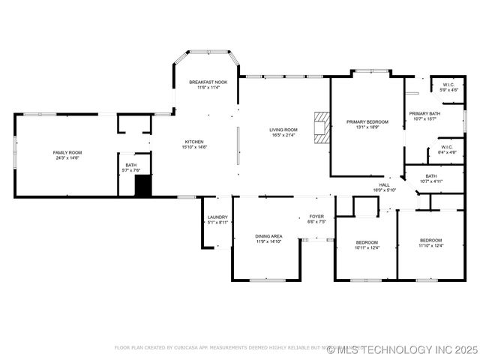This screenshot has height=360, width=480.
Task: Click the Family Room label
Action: coord(67,152)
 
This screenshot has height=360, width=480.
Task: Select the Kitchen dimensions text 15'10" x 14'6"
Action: coord(193,147)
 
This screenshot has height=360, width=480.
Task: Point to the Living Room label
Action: coord(283,130)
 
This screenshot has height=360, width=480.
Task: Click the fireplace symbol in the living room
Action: coord(322,127)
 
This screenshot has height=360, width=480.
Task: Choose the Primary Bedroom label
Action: coord(367,121)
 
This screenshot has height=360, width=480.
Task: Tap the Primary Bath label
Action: coord(424,113)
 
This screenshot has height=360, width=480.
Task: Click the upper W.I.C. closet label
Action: coord(448,85)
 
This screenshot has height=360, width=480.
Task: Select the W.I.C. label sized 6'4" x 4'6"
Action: coord(446,147)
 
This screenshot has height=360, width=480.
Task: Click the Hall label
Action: coord(384,184)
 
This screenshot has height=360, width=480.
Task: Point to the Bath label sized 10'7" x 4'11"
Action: coord(430,176)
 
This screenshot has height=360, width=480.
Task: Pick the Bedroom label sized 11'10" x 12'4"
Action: coord(430,240)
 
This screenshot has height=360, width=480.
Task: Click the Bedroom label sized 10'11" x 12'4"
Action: coord(367,242)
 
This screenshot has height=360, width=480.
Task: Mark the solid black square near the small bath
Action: coord(142,187)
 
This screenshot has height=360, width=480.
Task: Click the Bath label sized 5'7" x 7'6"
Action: coord(130,165)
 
